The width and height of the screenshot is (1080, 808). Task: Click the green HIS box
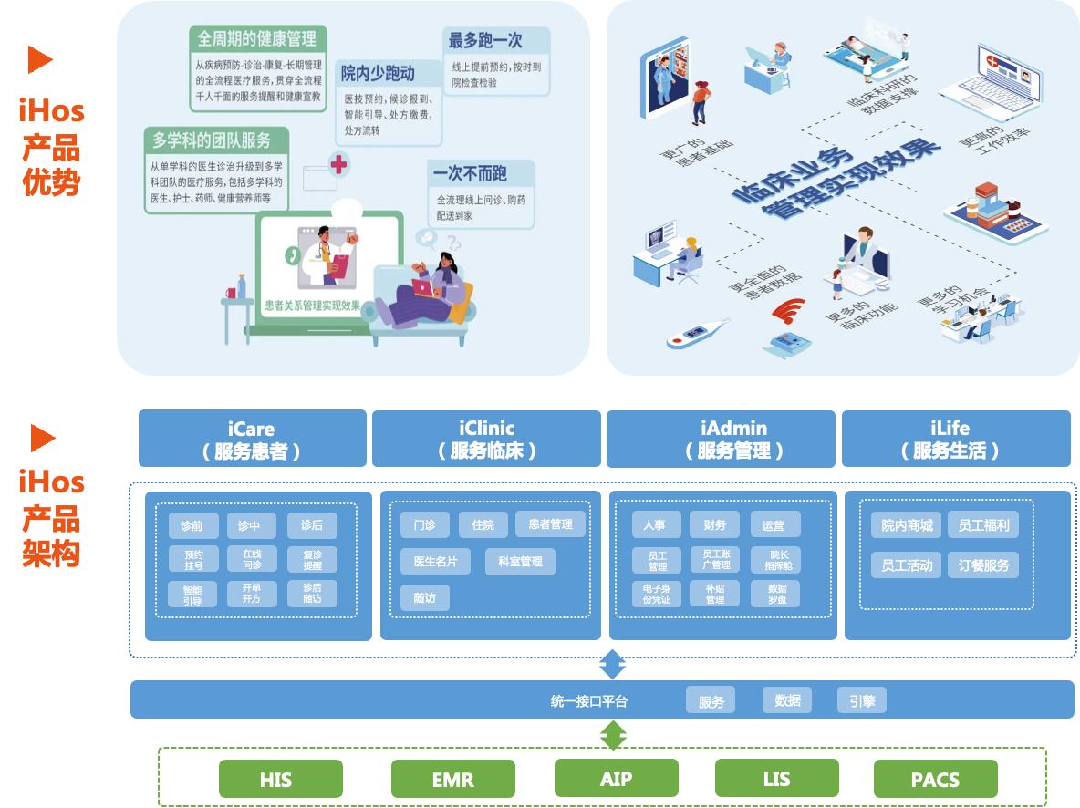(275, 780)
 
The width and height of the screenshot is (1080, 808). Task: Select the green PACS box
(935, 780)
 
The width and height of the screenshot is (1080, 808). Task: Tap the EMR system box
(452, 780)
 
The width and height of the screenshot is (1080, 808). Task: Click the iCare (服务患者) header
(252, 439)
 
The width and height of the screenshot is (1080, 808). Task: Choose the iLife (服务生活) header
(955, 439)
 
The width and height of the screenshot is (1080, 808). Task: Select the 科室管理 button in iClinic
(519, 562)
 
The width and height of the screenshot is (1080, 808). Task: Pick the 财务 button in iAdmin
(715, 524)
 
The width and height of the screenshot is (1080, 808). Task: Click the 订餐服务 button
(983, 565)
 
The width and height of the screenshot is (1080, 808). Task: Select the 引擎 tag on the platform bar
(862, 700)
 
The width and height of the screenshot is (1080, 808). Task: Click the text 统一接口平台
(589, 700)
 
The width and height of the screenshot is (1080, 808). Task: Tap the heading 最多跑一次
(484, 41)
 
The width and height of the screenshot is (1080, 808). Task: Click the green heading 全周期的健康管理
(257, 39)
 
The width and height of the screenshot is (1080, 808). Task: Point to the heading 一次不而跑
(470, 173)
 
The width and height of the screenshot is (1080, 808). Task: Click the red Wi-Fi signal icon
(788, 310)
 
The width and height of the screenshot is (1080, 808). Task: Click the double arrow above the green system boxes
(612, 733)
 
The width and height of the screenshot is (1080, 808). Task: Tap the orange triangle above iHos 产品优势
(40, 60)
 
